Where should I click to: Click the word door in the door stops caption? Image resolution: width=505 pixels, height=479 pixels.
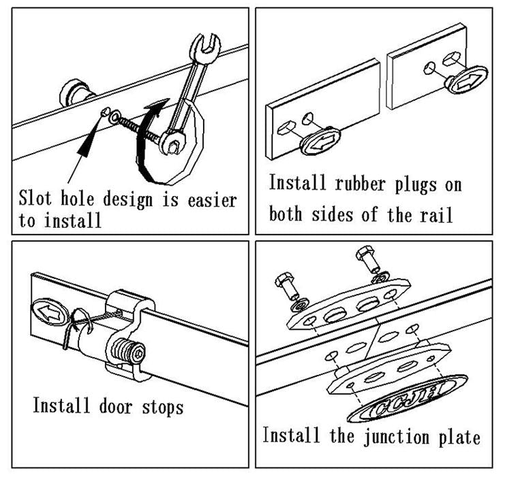click(x=116, y=406)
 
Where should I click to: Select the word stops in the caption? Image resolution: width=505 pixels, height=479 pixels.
click(x=162, y=407)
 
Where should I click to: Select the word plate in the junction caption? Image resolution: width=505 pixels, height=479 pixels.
click(x=461, y=436)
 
